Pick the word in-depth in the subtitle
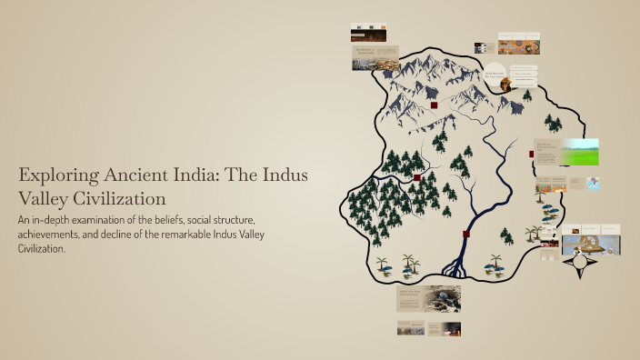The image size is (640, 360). pyautogui.click(x=54, y=221)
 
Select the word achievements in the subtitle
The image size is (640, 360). pyautogui.click(x=54, y=235)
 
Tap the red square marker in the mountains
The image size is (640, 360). pyautogui.click(x=435, y=105)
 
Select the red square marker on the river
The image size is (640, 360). pyautogui.click(x=466, y=235)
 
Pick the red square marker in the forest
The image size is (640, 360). pyautogui.click(x=416, y=177)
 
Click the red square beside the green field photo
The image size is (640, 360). pyautogui.click(x=531, y=154)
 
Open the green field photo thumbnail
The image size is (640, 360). pyautogui.click(x=581, y=151)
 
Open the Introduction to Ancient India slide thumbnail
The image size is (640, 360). pyautogui.click(x=375, y=58)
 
